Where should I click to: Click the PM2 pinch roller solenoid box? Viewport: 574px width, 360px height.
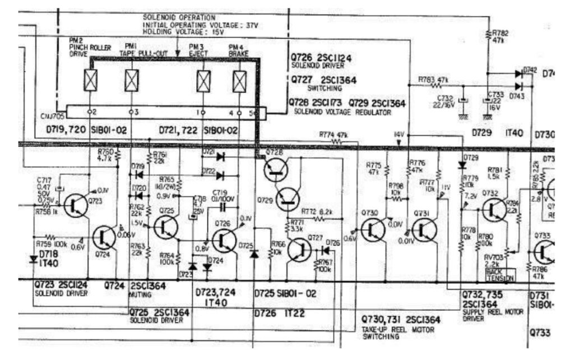pyautogui.click(x=91, y=81)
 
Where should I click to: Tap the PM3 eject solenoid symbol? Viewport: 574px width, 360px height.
pyautogui.click(x=203, y=81)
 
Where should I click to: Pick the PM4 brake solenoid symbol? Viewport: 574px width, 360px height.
pyautogui.click(x=239, y=81)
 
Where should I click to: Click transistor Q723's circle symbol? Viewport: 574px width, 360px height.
pyautogui.click(x=76, y=206)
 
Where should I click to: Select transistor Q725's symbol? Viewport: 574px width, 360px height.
pyautogui.click(x=166, y=226)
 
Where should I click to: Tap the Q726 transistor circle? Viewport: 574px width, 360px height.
pyautogui.click(x=225, y=240)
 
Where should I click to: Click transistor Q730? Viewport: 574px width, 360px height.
pyautogui.click(x=373, y=229)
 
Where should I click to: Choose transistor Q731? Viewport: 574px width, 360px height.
pyautogui.click(x=424, y=229)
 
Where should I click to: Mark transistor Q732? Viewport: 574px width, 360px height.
pyautogui.click(x=494, y=209)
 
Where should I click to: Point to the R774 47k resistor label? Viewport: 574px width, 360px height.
pyautogui.click(x=334, y=135)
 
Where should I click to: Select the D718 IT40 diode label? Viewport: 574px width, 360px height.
pyautogui.click(x=49, y=259)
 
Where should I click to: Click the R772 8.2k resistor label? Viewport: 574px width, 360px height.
pyautogui.click(x=317, y=211)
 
